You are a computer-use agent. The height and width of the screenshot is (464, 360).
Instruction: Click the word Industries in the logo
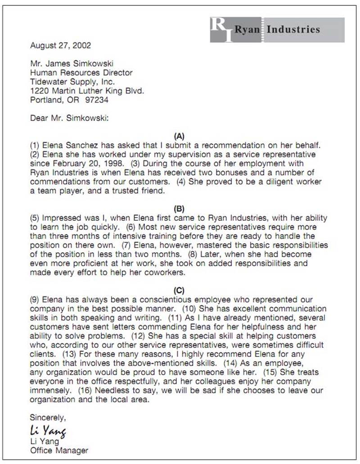293,30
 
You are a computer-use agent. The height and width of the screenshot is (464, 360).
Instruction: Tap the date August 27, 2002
60,45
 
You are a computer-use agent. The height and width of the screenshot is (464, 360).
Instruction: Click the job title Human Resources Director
81,73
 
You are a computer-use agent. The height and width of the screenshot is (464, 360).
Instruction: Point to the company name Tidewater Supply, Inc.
72,82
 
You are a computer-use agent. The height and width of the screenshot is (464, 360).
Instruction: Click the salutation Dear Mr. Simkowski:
70,118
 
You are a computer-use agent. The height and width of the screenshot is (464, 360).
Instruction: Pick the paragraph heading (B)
179,209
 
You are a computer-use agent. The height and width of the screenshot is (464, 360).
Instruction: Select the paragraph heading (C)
179,290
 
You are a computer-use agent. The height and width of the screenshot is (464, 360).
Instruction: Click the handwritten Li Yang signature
48,430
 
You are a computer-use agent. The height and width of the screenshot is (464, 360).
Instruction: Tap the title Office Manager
59,450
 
